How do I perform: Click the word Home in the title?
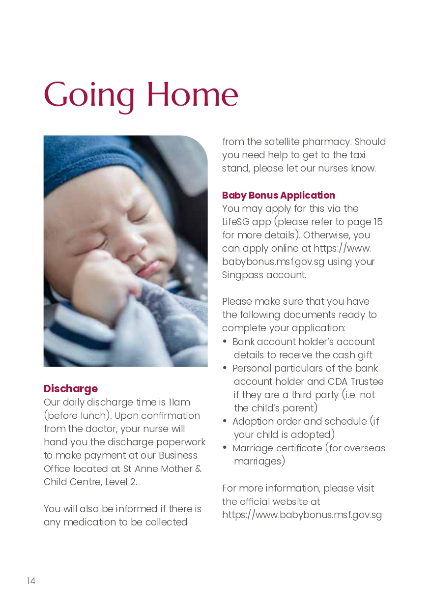point(192,94)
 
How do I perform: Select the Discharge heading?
point(71,389)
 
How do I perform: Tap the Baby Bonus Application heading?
point(279,195)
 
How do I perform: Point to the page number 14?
point(31,581)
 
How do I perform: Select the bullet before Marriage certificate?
point(225,448)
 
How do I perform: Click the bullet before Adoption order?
point(225,421)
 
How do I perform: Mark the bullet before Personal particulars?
point(225,368)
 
